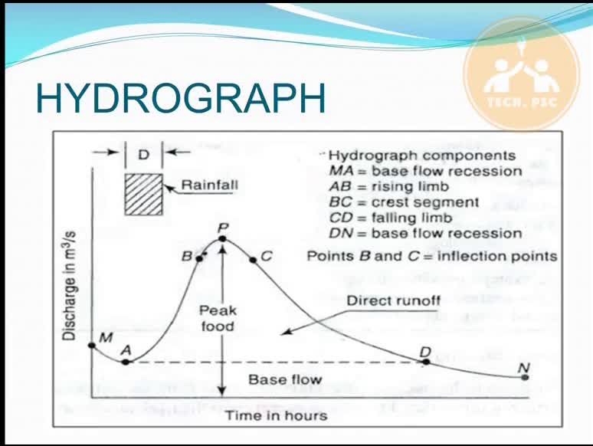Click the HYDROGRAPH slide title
pos(180,98)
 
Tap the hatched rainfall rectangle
pos(144,195)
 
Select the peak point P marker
pos(222,238)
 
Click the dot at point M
pos(91,346)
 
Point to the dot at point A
pos(126,362)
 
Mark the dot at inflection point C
pos(253,260)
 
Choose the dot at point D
pos(426,362)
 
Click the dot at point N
pos(525,377)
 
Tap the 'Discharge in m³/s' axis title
pos(69,285)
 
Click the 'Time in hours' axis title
pos(277,416)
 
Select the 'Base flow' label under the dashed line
pos(285,379)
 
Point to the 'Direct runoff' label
pos(394,300)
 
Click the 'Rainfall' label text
pos(209,185)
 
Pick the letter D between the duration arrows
pos(144,155)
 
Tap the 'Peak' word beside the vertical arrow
pos(218,310)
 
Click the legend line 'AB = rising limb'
pos(388,186)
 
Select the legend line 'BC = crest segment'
pos(404,202)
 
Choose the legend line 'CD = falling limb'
pos(391,218)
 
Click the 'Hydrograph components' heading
pos(422,156)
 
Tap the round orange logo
pos(522,74)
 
